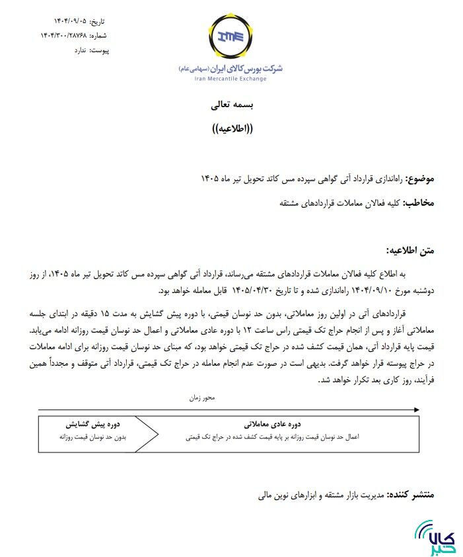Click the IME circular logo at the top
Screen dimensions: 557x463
tap(231, 38)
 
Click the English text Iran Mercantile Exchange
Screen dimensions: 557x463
tap(231, 79)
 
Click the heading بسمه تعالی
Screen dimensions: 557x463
tap(231, 106)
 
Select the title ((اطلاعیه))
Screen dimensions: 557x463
tap(231, 128)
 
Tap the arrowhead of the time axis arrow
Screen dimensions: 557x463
tap(416, 410)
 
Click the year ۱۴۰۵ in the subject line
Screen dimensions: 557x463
tap(210, 180)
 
